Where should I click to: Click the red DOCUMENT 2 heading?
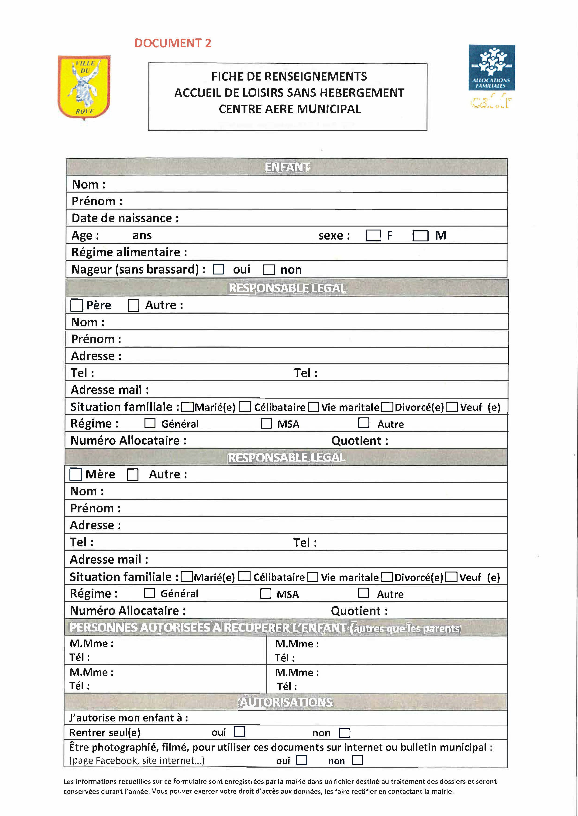point(173,43)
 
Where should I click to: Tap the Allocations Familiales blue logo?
point(492,68)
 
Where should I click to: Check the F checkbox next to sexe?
point(373,235)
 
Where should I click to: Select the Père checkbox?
point(76,305)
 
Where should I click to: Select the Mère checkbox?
point(76,474)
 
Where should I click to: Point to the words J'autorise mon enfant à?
point(128,718)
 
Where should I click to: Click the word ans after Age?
point(142,235)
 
